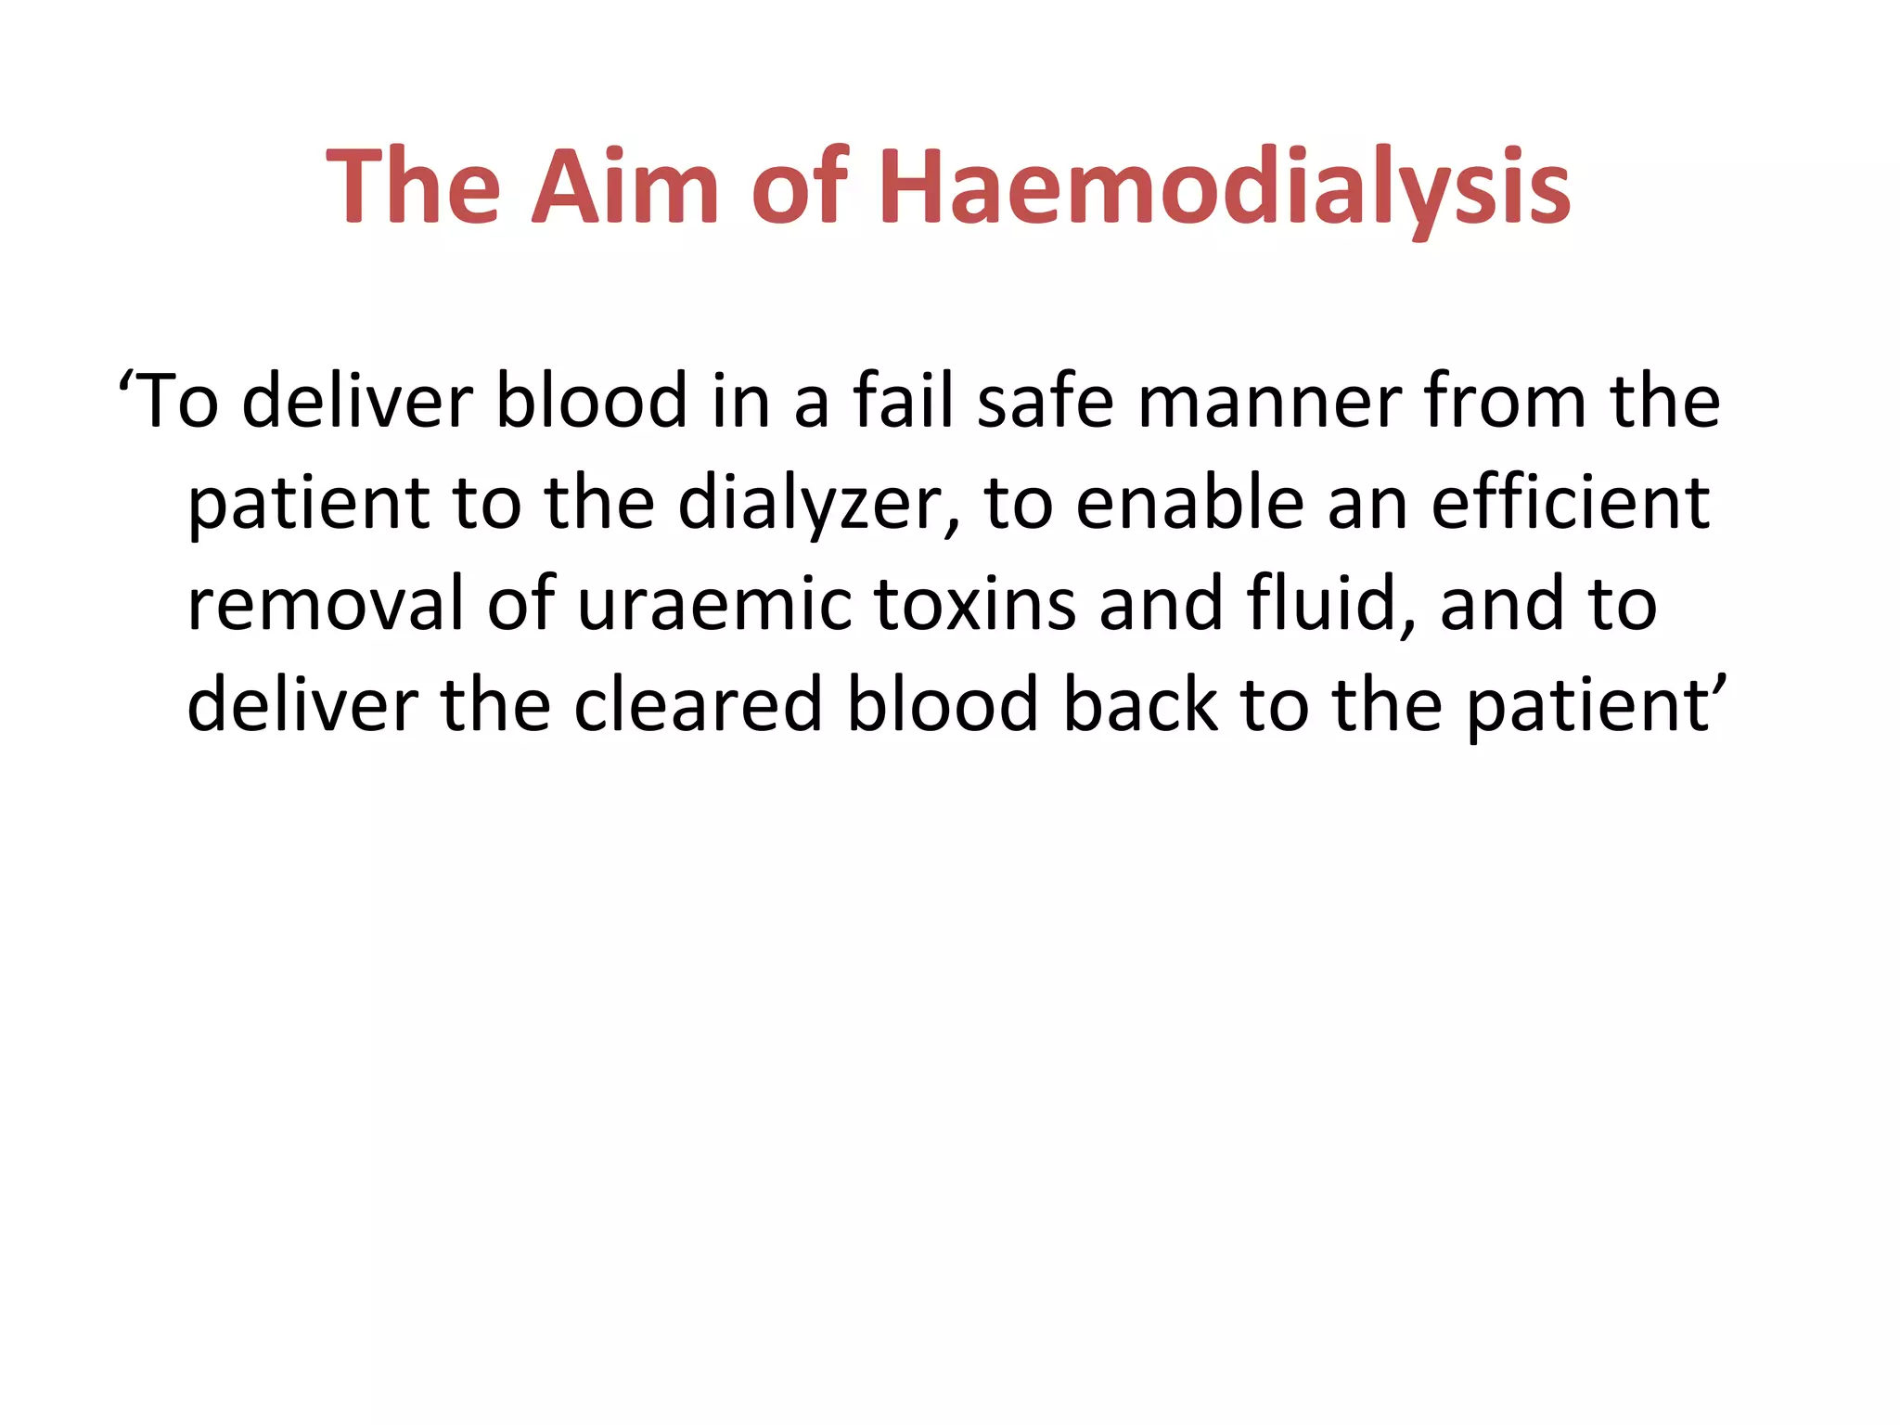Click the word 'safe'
pos(1045,401)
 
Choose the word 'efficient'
pos(1570,502)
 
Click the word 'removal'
pos(325,603)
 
